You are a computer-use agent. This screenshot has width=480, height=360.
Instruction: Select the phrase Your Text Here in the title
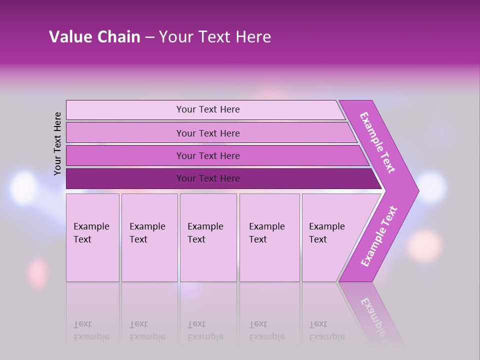(x=215, y=36)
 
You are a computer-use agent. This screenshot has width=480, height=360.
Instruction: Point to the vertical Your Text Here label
(x=57, y=143)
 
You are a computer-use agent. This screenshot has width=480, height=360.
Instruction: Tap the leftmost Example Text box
(x=92, y=237)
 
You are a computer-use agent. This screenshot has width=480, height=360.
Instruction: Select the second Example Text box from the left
(x=149, y=237)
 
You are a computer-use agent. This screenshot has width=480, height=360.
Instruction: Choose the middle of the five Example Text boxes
(x=208, y=237)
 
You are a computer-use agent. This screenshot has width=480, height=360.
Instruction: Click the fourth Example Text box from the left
(x=269, y=237)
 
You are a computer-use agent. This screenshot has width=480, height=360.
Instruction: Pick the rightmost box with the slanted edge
(x=330, y=237)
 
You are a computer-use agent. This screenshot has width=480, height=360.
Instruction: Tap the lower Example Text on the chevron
(x=378, y=236)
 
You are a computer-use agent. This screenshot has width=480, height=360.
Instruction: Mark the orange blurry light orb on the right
(x=425, y=245)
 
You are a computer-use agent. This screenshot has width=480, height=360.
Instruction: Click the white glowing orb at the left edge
(x=23, y=187)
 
